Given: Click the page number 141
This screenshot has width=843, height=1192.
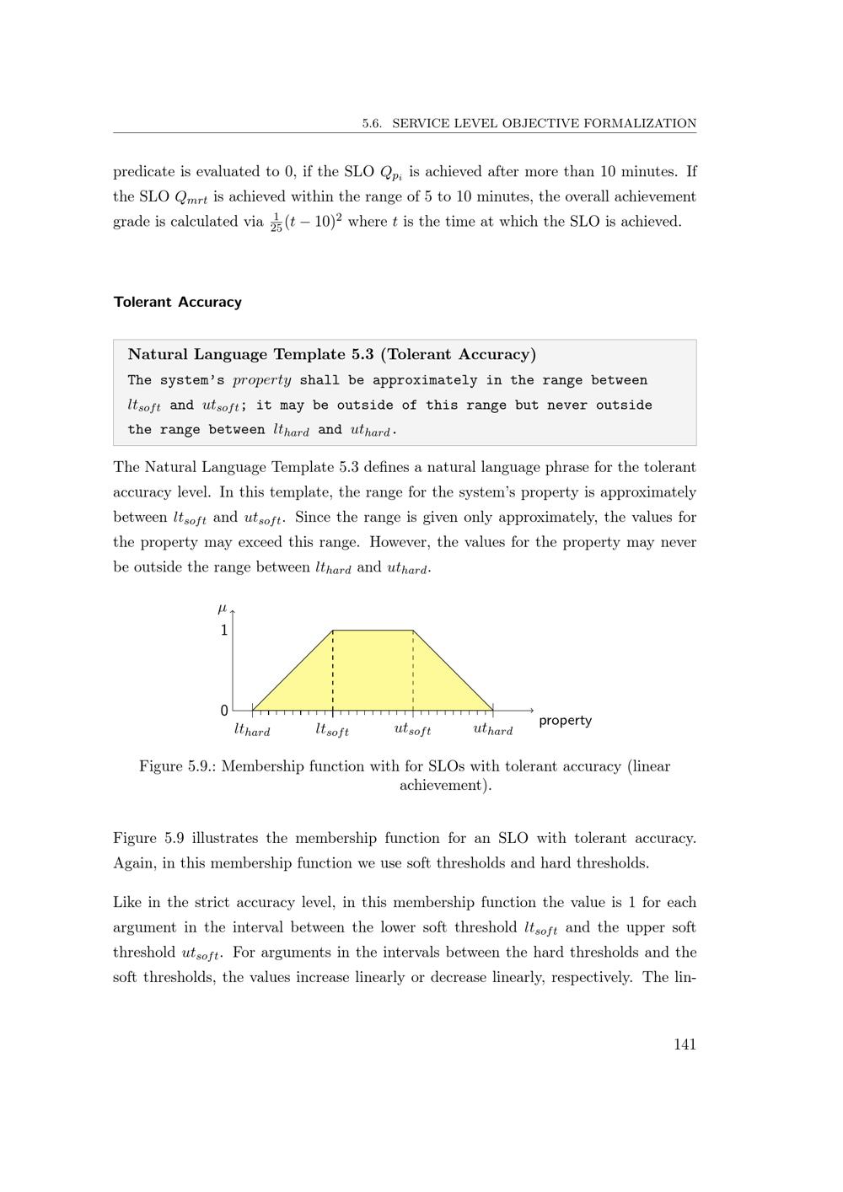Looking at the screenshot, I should [x=685, y=1044].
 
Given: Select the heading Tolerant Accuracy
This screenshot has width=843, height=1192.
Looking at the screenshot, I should [x=177, y=302].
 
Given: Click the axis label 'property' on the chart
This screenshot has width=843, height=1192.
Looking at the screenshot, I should [x=565, y=721].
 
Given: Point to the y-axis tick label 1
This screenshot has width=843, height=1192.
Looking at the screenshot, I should [x=224, y=631].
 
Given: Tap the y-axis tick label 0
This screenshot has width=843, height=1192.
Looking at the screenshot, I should [x=224, y=711].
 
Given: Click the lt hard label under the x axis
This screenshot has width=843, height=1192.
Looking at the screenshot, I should [x=252, y=730].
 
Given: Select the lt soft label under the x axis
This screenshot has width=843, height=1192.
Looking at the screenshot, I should [x=332, y=730].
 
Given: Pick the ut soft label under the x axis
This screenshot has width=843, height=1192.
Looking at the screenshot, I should [x=412, y=730].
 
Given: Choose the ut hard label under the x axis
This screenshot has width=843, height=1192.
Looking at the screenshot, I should [x=493, y=730].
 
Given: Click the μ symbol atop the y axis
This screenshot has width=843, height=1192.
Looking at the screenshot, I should [x=223, y=608].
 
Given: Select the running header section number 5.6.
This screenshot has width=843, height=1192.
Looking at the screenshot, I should [x=372, y=124].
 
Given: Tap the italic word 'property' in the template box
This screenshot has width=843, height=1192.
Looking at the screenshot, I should [x=262, y=380].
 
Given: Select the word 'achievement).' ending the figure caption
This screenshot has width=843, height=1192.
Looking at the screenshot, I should [x=445, y=786].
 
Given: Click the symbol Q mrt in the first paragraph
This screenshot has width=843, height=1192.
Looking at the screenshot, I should [x=191, y=198].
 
